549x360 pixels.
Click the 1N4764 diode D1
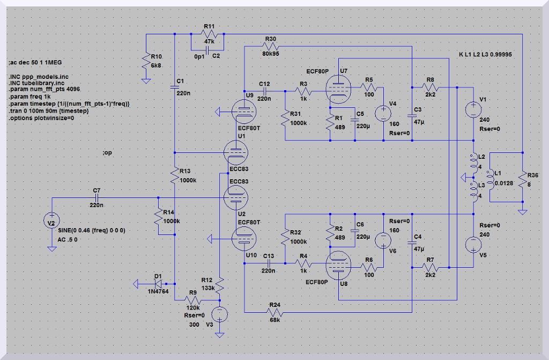pos(158,283)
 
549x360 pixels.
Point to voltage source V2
pos(51,221)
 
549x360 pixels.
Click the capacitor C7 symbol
pos(96,197)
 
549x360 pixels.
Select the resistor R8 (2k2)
pos(431,87)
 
